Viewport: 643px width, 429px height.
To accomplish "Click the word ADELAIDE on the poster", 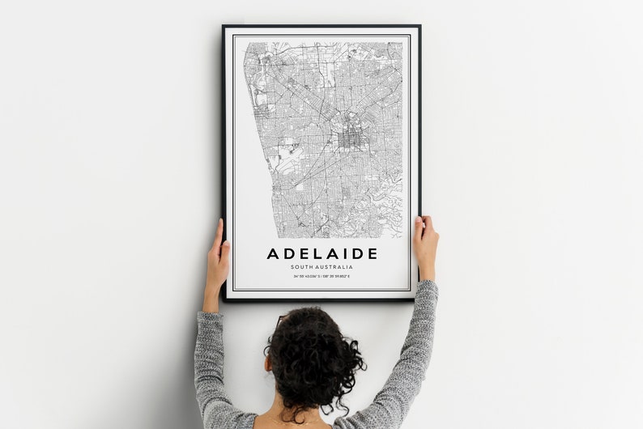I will pyautogui.click(x=321, y=253).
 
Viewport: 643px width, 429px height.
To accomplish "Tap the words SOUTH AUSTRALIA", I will pyautogui.click(x=321, y=266).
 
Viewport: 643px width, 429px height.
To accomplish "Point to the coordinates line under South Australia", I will pyautogui.click(x=321, y=276).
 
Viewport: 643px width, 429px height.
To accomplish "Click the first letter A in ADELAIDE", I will pyautogui.click(x=273, y=253).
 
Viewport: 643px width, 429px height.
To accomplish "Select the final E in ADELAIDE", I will pyautogui.click(x=372, y=253).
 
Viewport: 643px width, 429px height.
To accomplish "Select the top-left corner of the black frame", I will pyautogui.click(x=224, y=27).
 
